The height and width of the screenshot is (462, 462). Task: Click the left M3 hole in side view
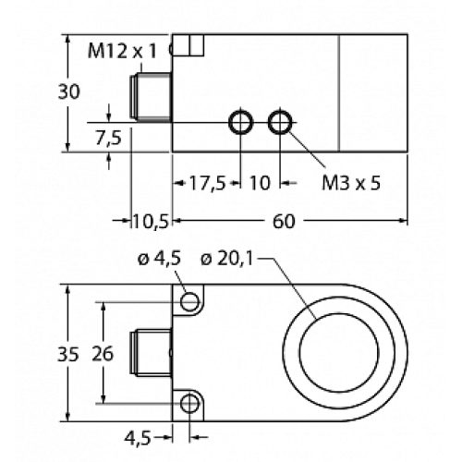coord(241,121)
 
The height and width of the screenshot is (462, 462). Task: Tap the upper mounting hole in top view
coord(190,300)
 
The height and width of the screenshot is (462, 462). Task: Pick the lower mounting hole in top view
coord(190,403)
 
